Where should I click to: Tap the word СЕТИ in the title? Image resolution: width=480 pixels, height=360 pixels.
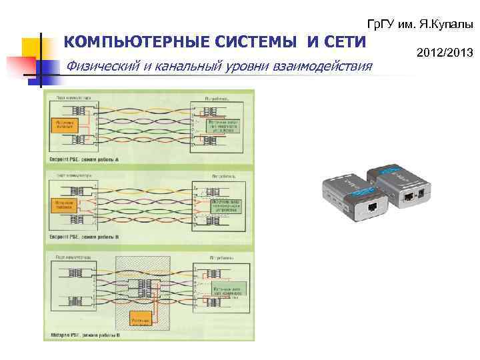(x=344, y=43)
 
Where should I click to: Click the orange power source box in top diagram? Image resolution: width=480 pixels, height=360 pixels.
(x=65, y=125)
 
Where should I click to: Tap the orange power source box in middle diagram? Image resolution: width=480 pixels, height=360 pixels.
(x=65, y=205)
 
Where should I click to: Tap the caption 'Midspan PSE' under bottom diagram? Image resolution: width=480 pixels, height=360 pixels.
(x=83, y=335)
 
